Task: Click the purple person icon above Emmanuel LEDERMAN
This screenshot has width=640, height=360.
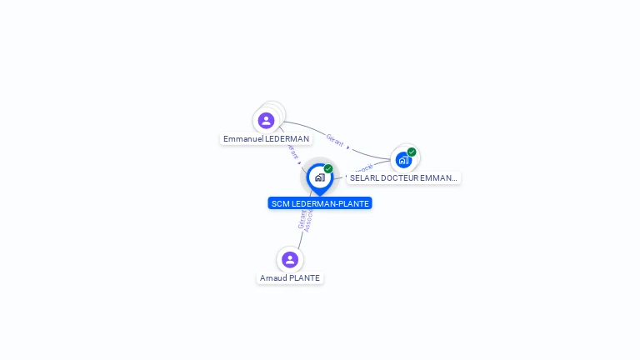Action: click(x=266, y=121)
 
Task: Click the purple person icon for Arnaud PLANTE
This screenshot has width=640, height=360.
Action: click(x=289, y=259)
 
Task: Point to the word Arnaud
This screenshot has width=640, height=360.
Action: click(x=272, y=278)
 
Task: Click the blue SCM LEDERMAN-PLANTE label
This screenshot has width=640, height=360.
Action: click(x=320, y=203)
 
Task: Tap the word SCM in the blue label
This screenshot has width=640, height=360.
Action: click(x=280, y=203)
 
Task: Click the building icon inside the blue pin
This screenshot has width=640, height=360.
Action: click(x=319, y=177)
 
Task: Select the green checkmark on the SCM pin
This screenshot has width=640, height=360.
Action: click(x=328, y=169)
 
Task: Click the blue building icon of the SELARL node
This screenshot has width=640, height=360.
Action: click(x=403, y=159)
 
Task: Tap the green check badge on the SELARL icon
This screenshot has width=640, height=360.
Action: click(x=412, y=152)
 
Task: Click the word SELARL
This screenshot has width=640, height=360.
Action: click(x=364, y=178)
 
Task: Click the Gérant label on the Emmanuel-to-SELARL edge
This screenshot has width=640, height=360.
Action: click(x=335, y=140)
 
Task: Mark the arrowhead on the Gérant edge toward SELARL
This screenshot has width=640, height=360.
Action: click(x=348, y=148)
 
